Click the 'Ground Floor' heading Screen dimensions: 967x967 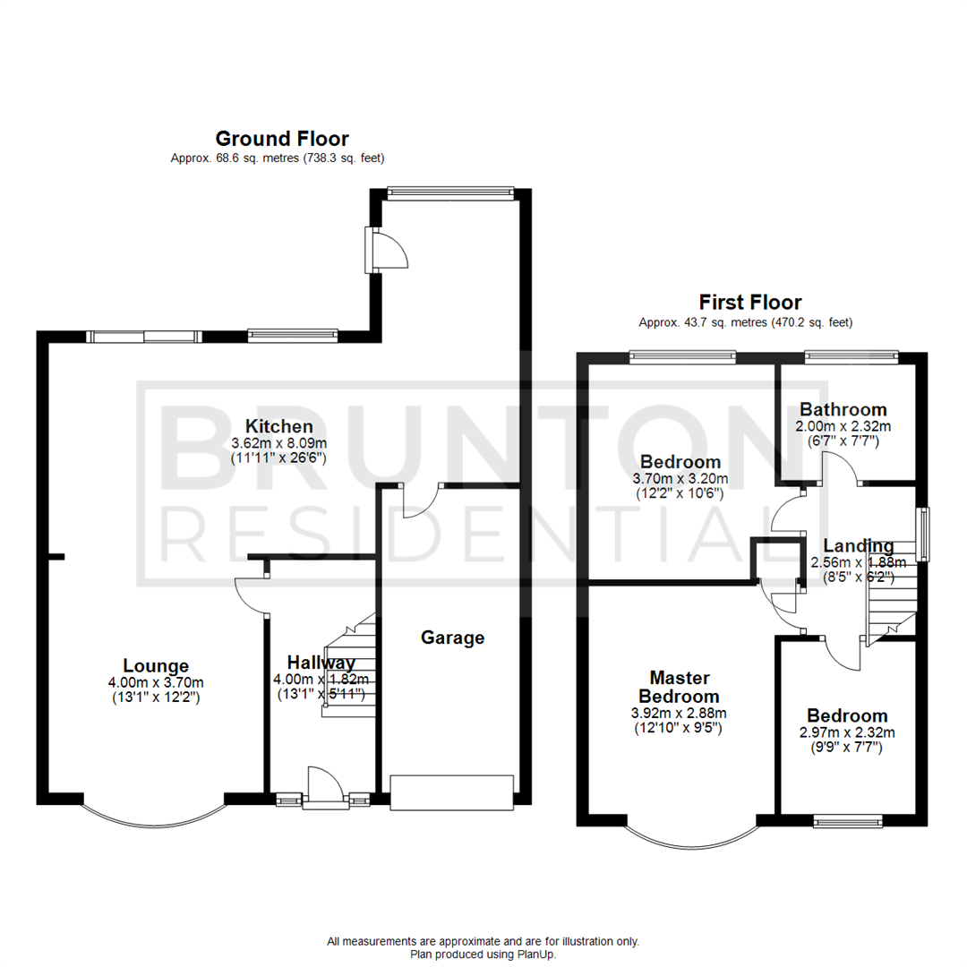[x=282, y=139]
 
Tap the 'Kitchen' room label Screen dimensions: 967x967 [x=279, y=426]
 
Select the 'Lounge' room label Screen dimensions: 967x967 [x=156, y=665]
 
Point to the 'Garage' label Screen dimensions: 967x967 [x=453, y=638]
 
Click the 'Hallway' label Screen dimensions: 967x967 [x=321, y=663]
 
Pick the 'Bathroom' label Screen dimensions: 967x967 [x=843, y=410]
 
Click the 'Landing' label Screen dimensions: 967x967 [x=858, y=546]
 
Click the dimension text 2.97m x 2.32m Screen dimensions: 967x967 [x=847, y=732]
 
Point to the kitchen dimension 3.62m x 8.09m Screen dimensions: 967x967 [x=279, y=442]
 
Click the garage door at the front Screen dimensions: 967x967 [x=452, y=793]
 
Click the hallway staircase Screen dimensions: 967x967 [x=349, y=667]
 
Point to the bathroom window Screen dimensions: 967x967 [x=850, y=357]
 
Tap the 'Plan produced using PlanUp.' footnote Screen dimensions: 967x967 [x=483, y=954]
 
